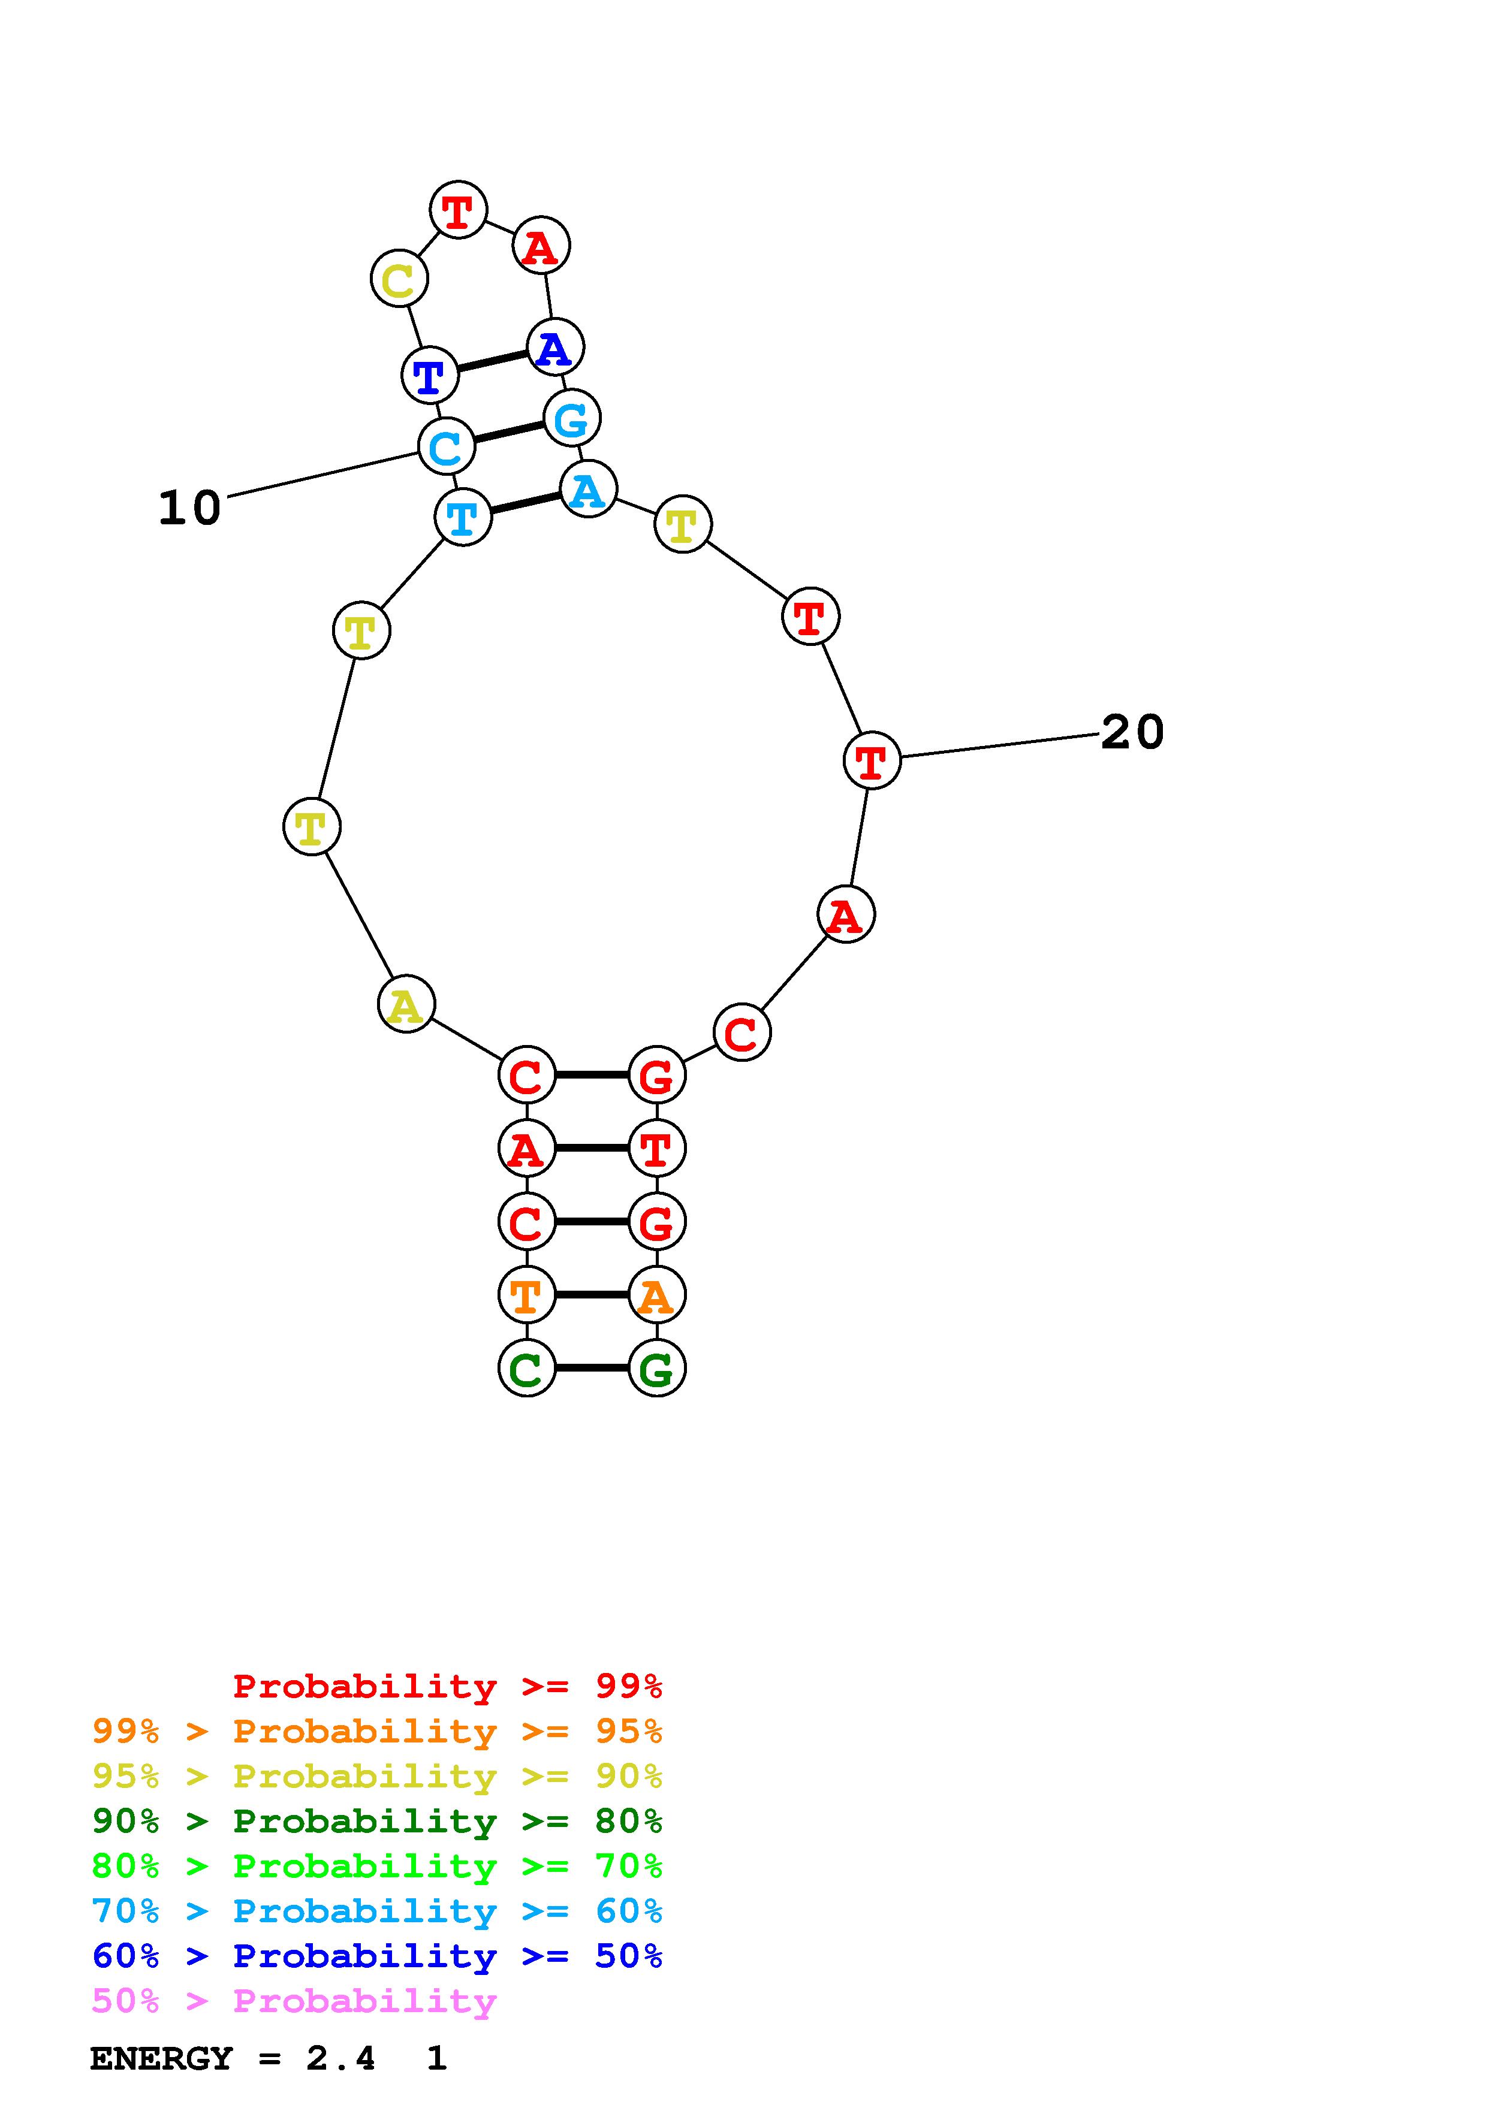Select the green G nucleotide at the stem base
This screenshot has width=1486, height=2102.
point(656,1369)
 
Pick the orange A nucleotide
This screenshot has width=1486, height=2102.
point(656,1294)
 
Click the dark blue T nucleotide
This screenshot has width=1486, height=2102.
point(429,375)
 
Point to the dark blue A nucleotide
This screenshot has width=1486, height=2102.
point(555,347)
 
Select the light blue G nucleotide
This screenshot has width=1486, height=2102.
point(571,418)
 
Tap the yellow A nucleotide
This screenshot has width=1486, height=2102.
point(406,1004)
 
